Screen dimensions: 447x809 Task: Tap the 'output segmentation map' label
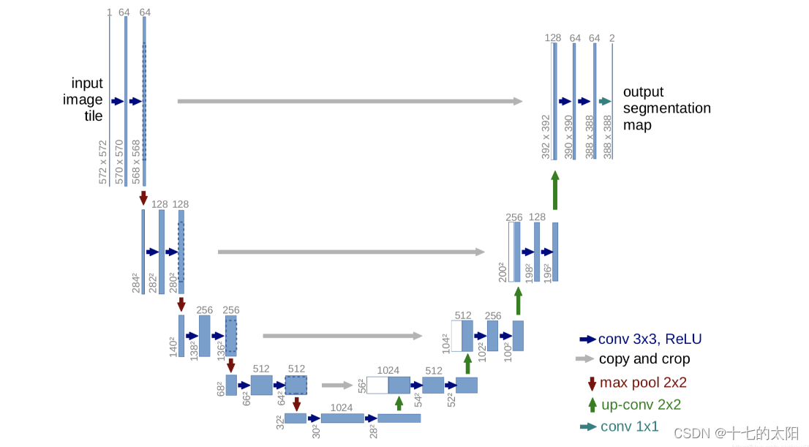coord(666,108)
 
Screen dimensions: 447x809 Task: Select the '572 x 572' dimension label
coord(102,162)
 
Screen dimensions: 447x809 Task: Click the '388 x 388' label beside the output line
coord(607,136)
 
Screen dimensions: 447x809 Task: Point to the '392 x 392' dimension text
coord(545,136)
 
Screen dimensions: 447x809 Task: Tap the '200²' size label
coord(503,271)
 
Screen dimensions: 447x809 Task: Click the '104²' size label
coord(445,342)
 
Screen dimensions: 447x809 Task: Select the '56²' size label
coord(361,385)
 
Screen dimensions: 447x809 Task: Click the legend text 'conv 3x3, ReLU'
coord(650,339)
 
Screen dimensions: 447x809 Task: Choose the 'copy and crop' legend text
coord(644,359)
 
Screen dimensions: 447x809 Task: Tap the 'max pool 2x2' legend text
coord(643,383)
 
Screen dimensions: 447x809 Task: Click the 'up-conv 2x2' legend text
coord(641,405)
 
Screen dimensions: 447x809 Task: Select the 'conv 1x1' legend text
coord(629,427)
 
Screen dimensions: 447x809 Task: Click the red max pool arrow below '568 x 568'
coord(143,198)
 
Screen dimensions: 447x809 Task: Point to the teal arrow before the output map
coord(605,102)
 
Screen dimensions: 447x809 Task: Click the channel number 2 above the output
coord(612,37)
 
